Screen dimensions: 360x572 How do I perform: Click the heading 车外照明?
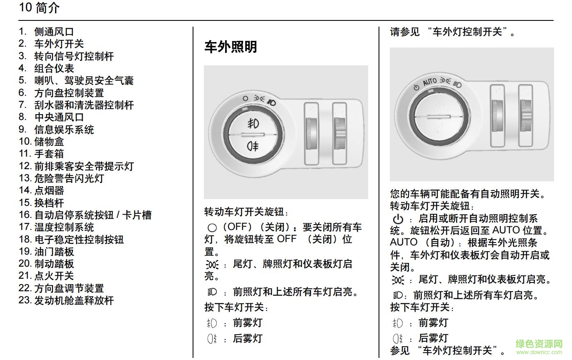[231, 47]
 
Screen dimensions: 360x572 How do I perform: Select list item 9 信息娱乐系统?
[57, 130]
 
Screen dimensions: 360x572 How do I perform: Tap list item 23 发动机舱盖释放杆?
[66, 300]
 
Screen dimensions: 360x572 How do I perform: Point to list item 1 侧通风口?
[47, 32]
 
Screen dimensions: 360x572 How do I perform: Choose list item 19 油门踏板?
[47, 252]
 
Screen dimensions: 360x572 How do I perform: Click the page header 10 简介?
[39, 7]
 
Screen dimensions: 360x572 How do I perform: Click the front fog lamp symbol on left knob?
[252, 123]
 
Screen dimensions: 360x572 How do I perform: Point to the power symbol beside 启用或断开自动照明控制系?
[398, 219]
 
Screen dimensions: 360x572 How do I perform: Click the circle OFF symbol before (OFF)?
[212, 227]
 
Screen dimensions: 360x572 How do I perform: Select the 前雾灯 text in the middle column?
[248, 322]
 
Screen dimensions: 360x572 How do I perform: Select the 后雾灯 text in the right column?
[433, 338]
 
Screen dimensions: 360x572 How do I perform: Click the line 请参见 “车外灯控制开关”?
[452, 32]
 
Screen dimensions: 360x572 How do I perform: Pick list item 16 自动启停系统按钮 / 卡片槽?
[85, 215]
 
